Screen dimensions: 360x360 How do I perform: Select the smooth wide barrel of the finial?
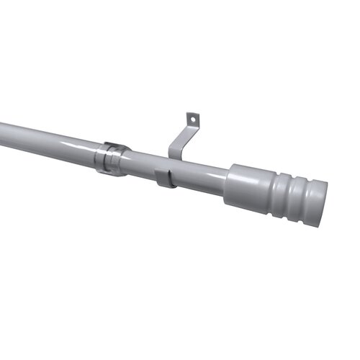249,188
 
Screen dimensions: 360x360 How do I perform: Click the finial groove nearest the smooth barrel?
278,193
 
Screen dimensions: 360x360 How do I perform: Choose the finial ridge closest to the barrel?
285,195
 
